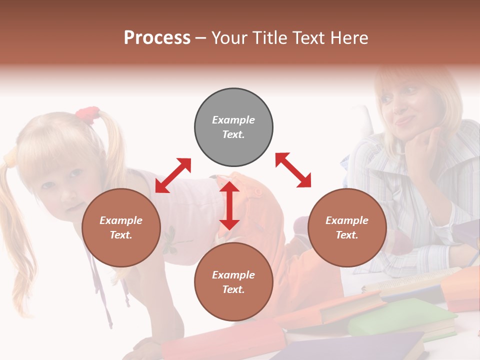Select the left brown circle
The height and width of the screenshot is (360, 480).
tap(121, 227)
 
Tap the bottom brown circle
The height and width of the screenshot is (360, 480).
tap(233, 282)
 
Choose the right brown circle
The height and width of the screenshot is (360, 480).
tap(347, 227)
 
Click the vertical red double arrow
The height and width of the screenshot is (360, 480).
tap(229, 205)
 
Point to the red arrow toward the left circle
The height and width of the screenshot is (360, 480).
tap(173, 175)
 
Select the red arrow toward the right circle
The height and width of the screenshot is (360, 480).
tap(293, 170)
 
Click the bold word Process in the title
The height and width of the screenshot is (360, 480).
tap(157, 38)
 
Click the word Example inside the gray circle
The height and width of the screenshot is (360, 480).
tap(233, 120)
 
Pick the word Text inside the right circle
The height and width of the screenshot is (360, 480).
tap(347, 235)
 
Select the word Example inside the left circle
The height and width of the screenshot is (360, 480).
tap(121, 220)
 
